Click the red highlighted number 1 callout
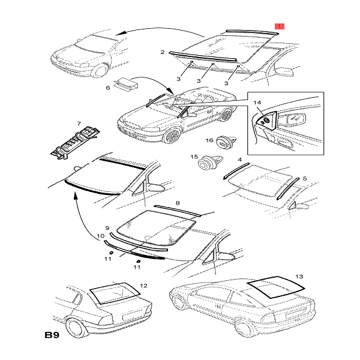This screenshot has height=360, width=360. (x=279, y=26)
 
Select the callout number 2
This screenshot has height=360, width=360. (x=162, y=53)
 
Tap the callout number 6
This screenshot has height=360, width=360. (x=109, y=88)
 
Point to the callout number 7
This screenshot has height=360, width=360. (x=77, y=125)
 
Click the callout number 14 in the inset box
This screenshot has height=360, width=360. (x=256, y=103)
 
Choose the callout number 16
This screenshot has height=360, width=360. (x=210, y=141)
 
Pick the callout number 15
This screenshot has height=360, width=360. (x=194, y=157)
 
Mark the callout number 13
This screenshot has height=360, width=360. (x=299, y=277)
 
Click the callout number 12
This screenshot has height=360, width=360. (x=142, y=286)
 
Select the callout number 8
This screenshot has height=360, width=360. (x=177, y=203)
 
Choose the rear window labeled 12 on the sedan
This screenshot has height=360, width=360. (x=113, y=294)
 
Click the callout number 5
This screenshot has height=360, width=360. (x=304, y=178)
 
